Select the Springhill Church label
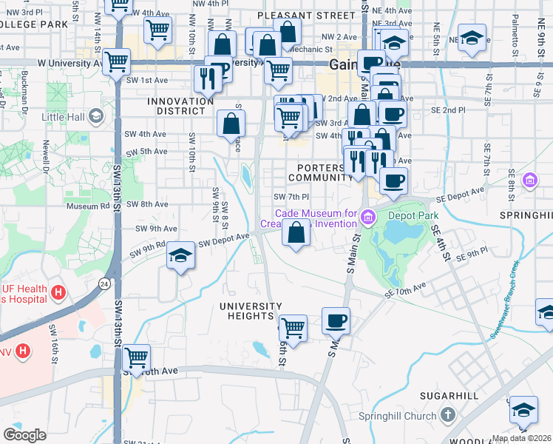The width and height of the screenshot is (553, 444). (398, 416)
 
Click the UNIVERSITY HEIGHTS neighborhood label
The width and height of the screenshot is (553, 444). (251, 311)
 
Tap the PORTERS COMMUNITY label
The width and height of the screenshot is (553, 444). (321, 172)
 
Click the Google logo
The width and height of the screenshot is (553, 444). (24, 435)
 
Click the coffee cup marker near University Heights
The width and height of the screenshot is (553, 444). (336, 320)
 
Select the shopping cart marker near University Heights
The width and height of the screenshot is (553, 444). (294, 326)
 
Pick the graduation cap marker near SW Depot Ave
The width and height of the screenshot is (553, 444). (180, 255)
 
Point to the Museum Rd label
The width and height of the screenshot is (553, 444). (82, 206)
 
